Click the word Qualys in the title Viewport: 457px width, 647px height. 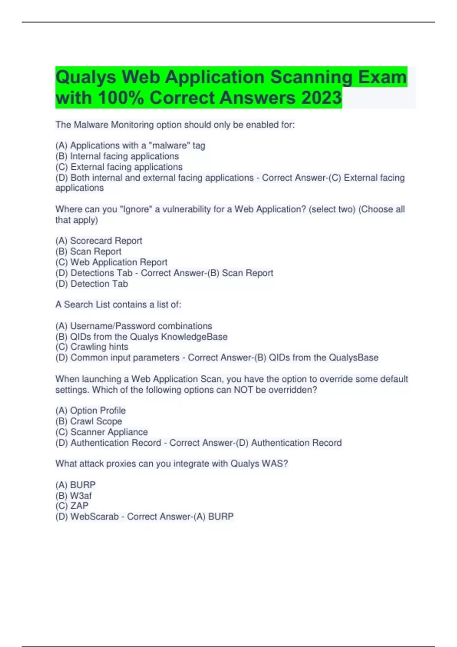click(86, 77)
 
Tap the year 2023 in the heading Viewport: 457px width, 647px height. click(321, 98)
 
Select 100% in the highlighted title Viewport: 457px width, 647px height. click(120, 98)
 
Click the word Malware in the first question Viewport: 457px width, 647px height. click(91, 125)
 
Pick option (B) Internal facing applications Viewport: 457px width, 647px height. click(117, 156)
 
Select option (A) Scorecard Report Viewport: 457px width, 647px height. click(99, 241)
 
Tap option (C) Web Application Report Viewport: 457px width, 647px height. click(111, 262)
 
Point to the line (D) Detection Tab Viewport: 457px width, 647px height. click(91, 284)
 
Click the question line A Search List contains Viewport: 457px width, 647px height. click(118, 304)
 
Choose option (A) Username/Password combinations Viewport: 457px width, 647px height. click(134, 326)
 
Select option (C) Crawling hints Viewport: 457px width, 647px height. click(92, 347)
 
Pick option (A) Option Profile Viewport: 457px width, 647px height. click(91, 410)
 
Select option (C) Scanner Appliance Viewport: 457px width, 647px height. click(101, 432)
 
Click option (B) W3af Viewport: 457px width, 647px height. click(74, 496)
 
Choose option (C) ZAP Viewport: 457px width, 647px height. click(72, 506)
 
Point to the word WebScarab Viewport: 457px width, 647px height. click(94, 516)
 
